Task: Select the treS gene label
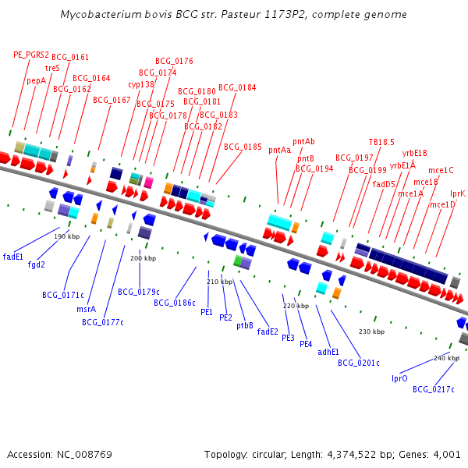click(x=52, y=68)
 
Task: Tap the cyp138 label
click(x=141, y=84)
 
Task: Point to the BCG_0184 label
click(x=237, y=87)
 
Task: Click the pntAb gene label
click(x=303, y=141)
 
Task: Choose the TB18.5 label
click(x=381, y=142)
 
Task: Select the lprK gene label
click(x=458, y=193)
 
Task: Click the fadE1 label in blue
click(x=13, y=256)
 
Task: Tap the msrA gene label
click(x=87, y=309)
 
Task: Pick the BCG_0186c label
click(x=175, y=303)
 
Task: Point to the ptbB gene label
click(x=245, y=326)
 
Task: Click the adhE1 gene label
click(x=328, y=352)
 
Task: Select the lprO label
click(x=399, y=378)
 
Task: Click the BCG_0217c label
click(x=434, y=389)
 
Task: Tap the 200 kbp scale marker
click(x=143, y=258)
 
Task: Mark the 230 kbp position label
click(x=371, y=331)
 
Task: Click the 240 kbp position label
click(x=447, y=358)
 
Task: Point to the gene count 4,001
click(x=447, y=454)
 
